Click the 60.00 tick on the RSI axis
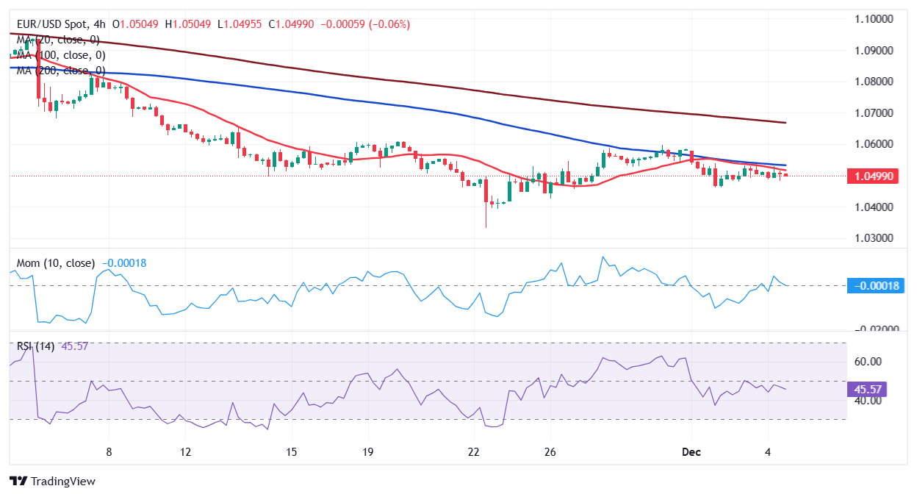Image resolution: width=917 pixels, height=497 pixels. coord(867,362)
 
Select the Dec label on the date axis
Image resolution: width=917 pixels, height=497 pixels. coord(691,451)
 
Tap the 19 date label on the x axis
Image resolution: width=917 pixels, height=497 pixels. coord(368,451)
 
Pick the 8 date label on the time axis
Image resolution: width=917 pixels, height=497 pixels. coord(109,451)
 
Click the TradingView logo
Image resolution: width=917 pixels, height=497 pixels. coord(53,482)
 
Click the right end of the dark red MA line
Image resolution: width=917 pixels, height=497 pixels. coord(785,123)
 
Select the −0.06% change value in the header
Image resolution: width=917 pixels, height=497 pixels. coord(390,24)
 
